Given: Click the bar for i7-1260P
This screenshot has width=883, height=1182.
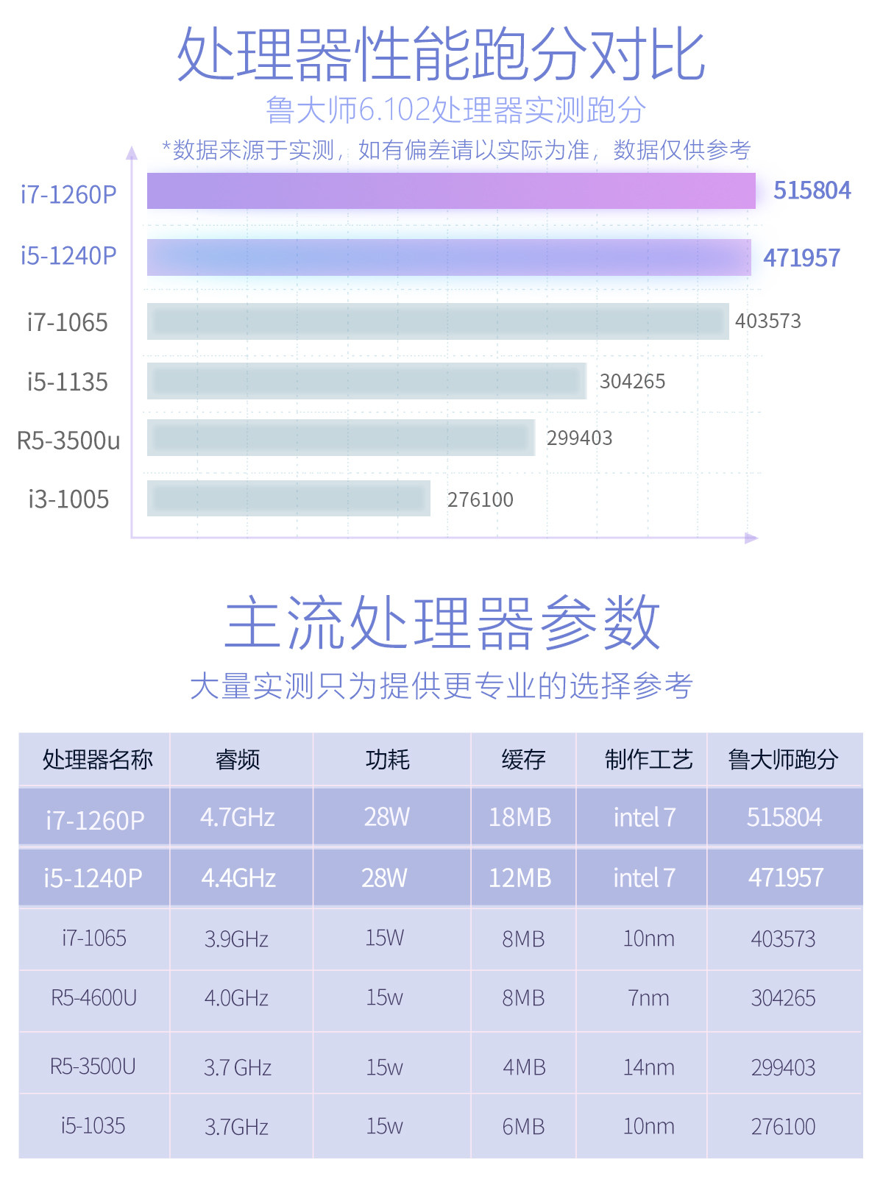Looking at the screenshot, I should [451, 191].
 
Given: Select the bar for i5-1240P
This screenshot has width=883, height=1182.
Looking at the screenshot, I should [449, 257].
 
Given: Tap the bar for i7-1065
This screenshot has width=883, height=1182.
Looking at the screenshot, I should [438, 321].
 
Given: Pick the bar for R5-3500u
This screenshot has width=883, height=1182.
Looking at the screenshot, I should [341, 438].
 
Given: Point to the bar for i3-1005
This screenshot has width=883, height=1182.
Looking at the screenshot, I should [288, 499].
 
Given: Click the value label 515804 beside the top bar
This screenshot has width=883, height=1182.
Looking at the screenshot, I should [812, 191].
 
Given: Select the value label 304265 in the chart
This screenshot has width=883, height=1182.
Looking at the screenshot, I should [632, 381].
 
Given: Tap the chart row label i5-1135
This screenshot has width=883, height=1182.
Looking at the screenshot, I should [67, 382].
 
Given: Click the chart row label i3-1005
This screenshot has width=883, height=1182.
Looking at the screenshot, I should [68, 499].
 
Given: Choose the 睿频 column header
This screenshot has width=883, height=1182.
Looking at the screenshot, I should [238, 759].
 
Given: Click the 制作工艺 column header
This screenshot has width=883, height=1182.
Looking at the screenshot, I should [648, 759].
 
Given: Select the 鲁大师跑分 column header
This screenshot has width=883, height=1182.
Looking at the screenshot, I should [783, 759].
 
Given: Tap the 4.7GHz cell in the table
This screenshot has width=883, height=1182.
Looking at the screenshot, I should [238, 817].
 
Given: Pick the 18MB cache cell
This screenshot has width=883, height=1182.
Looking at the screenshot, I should [520, 817].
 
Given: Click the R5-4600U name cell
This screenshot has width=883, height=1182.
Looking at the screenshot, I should [93, 998].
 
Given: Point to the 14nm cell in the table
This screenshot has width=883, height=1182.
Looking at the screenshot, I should [648, 1067].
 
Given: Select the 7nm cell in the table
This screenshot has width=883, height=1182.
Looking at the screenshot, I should [648, 998].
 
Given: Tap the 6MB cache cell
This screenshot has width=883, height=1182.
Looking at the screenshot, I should [523, 1126].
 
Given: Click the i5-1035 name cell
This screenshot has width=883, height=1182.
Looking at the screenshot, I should [93, 1126].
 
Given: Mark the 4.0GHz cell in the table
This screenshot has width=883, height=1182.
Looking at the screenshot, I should [236, 998].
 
